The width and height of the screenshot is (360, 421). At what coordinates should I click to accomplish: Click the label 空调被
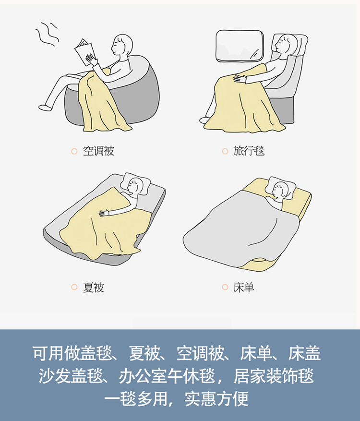click(x=98, y=151)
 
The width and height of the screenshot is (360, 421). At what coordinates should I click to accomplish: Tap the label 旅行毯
click(x=249, y=151)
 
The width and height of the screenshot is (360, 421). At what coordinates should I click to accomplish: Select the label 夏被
click(x=93, y=287)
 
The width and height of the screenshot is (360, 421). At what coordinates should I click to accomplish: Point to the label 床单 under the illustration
click(x=243, y=287)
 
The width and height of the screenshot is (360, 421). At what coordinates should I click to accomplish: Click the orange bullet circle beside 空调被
click(x=74, y=151)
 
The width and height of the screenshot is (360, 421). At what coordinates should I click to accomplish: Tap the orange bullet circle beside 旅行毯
click(x=225, y=151)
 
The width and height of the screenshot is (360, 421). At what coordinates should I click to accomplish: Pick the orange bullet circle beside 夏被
click(x=74, y=287)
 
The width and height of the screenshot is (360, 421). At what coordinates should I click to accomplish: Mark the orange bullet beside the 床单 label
click(x=225, y=287)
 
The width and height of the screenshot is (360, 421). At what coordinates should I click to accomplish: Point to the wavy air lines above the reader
click(x=47, y=33)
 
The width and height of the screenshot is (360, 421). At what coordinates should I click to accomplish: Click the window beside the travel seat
click(x=240, y=46)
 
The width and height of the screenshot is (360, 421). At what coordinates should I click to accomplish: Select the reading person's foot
click(x=45, y=107)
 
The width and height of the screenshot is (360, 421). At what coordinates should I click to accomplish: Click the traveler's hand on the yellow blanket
click(x=240, y=78)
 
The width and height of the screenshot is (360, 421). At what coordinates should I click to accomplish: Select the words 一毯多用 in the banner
click(x=137, y=398)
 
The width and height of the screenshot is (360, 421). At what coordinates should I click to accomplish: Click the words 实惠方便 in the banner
click(x=216, y=398)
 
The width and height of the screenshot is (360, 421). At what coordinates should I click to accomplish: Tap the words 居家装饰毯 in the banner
click(x=274, y=376)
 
